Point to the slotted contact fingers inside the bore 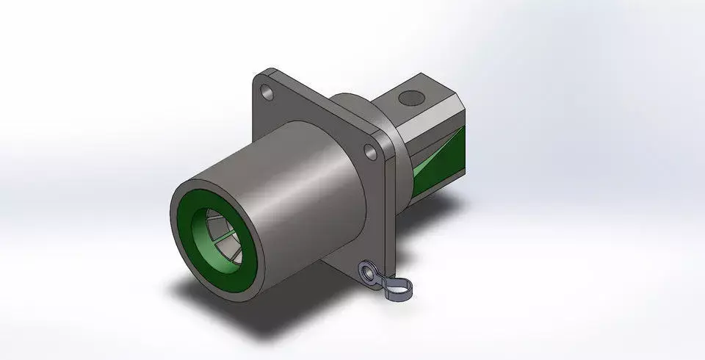click(217, 234)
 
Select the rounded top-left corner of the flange click(258, 77)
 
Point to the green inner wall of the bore click(202, 220)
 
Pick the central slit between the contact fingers click(221, 234)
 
